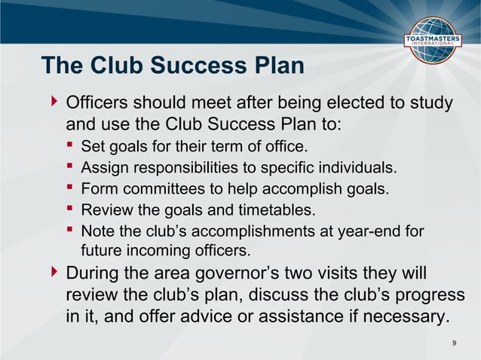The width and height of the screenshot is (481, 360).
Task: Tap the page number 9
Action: pyautogui.click(x=454, y=343)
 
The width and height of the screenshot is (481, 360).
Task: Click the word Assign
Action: pyautogui.click(x=103, y=166)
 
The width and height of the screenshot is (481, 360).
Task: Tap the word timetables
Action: pyautogui.click(x=279, y=209)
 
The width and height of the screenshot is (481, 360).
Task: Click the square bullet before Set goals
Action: pyautogui.click(x=69, y=145)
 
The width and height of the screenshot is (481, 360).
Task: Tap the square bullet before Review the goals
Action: pyautogui.click(x=69, y=209)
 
